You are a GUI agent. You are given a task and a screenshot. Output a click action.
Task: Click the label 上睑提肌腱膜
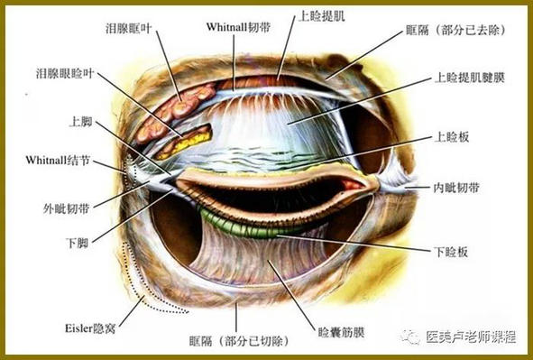pos(468,78)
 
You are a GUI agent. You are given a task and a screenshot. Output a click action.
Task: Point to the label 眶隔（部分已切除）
pos(237,342)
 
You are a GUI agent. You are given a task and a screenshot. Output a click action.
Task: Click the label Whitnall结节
pos(57,160)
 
